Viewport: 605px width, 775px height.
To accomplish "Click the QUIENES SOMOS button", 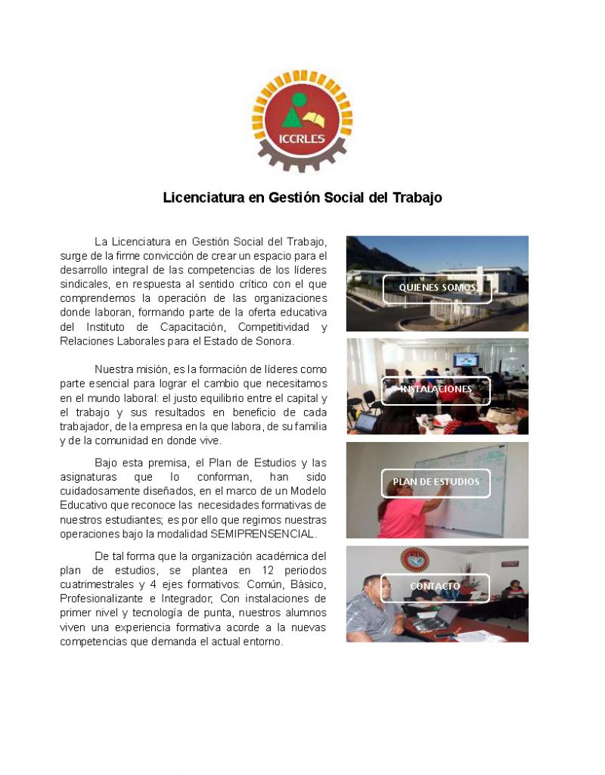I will pyautogui.click(x=437, y=288).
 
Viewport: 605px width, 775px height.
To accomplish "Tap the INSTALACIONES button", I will pyautogui.click(x=436, y=390).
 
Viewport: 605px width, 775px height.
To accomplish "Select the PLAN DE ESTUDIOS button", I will pyautogui.click(x=436, y=482).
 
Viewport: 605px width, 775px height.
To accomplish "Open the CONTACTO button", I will pyautogui.click(x=435, y=587).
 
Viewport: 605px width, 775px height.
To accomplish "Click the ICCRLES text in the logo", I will pyautogui.click(x=302, y=139).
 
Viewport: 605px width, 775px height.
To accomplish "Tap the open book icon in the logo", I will pyautogui.click(x=318, y=120).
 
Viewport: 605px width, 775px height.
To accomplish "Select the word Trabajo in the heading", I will pyautogui.click(x=417, y=198).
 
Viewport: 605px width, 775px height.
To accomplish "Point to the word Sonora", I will pyautogui.click(x=272, y=341).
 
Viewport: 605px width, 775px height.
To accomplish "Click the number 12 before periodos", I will pyautogui.click(x=246, y=571).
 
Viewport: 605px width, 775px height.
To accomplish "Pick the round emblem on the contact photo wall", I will pyautogui.click(x=414, y=560).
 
